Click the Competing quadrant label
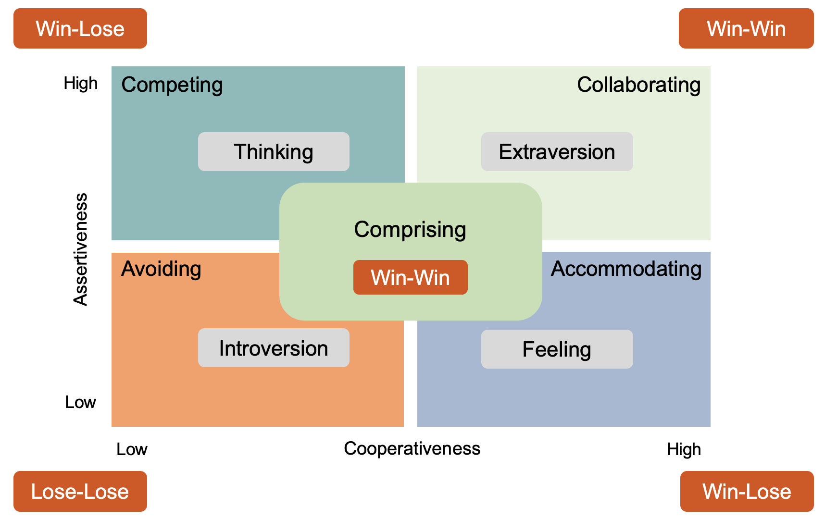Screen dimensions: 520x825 pos(172,85)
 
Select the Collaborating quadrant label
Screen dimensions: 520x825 pos(638,85)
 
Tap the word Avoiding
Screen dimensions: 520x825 pos(161,269)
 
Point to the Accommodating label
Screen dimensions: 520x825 pos(626,269)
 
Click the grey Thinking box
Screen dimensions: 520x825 pos(274,152)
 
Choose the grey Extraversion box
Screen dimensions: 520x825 pos(557,152)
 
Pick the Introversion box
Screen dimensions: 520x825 pos(274,348)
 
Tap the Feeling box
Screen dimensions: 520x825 pos(557,349)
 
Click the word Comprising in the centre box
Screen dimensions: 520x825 pos(410,230)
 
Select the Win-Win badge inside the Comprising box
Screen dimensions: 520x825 pos(410,278)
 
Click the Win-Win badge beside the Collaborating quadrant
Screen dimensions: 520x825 pos(746,29)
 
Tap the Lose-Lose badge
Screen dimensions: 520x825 pos(80,492)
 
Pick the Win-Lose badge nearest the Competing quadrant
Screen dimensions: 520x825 pos(80,29)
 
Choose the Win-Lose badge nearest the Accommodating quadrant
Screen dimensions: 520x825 pos(747,492)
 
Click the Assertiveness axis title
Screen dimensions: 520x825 pos(81,249)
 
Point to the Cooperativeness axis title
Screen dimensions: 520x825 pos(412,449)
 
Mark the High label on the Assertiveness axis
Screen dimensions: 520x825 pos(80,84)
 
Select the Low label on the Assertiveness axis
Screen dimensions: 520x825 pos(80,402)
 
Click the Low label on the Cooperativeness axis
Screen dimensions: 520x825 pos(132,450)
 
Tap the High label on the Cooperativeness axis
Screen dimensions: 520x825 pos(684,450)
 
